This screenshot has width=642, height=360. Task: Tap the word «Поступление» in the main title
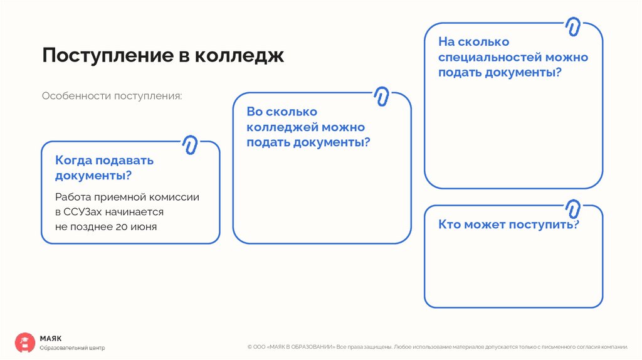pyautogui.click(x=105, y=55)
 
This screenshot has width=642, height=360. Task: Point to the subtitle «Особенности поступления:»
pyautogui.click(x=112, y=97)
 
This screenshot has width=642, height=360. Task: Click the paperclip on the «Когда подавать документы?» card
pyautogui.click(x=189, y=145)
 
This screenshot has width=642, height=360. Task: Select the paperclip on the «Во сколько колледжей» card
pyautogui.click(x=381, y=96)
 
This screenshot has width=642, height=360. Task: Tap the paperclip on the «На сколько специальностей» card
pyautogui.click(x=572, y=26)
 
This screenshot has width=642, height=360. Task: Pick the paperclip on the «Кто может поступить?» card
pyautogui.click(x=572, y=208)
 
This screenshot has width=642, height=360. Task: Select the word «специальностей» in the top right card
pyautogui.click(x=490, y=57)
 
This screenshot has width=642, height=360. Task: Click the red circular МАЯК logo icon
pyautogui.click(x=25, y=342)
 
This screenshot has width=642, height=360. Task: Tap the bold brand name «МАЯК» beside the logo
pyautogui.click(x=51, y=337)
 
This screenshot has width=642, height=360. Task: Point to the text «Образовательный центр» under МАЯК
pyautogui.click(x=72, y=347)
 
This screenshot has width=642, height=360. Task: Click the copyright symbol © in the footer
pyautogui.click(x=250, y=346)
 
